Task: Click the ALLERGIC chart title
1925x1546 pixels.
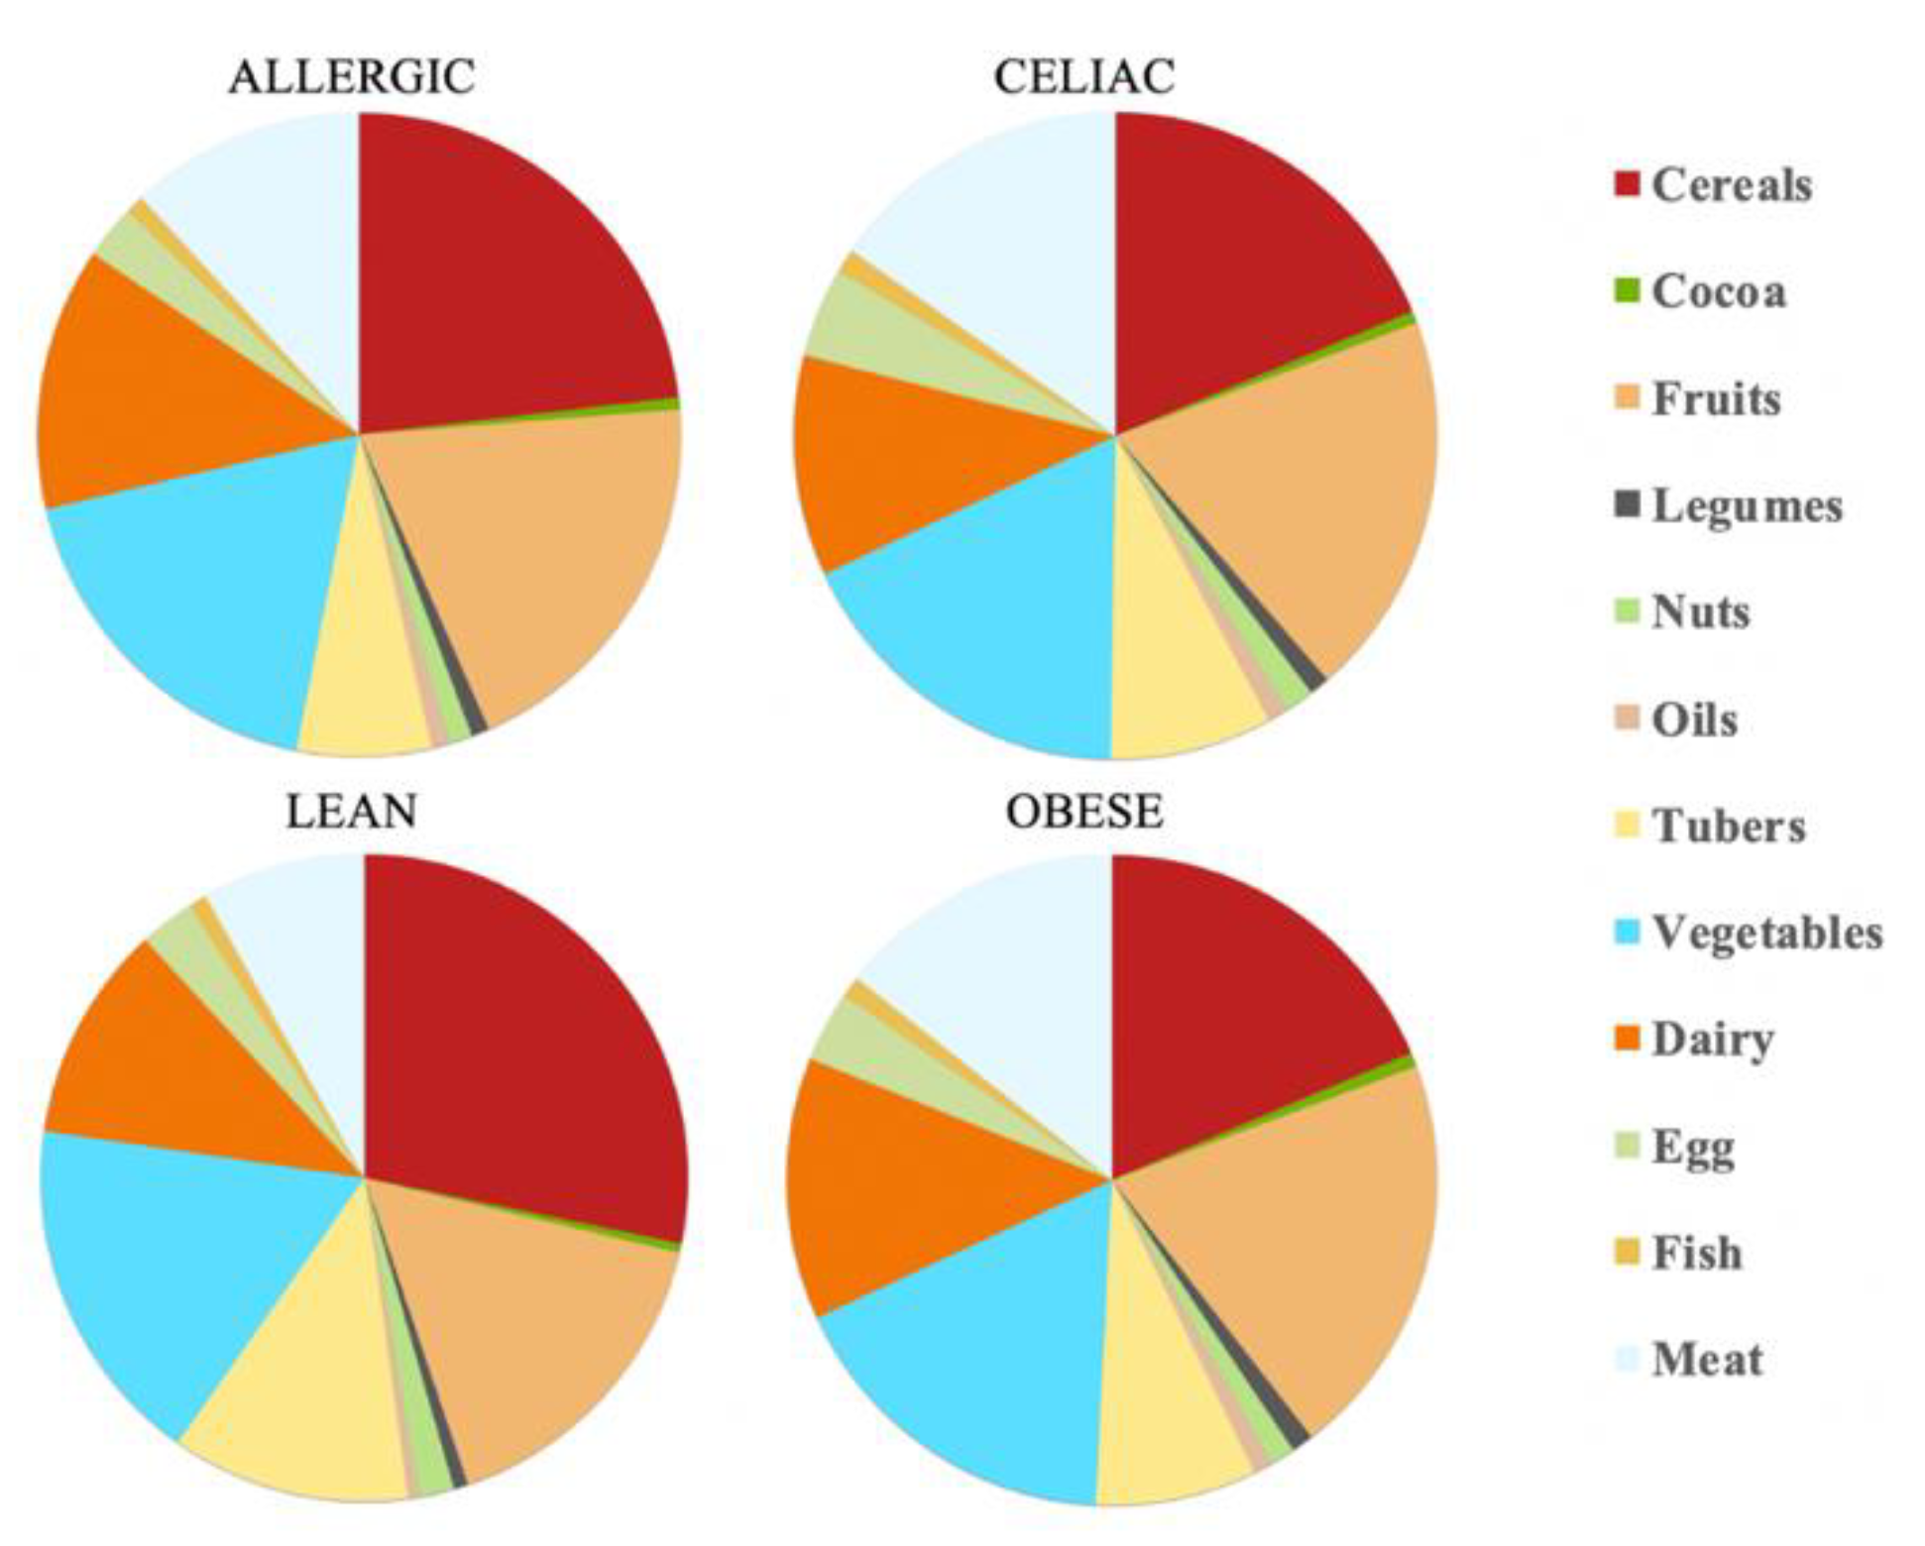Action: click(352, 77)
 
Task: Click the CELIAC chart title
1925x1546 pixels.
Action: click(1084, 77)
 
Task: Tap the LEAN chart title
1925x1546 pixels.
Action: click(352, 812)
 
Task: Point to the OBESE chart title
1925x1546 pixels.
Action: click(1084, 812)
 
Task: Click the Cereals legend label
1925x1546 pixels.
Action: click(1732, 185)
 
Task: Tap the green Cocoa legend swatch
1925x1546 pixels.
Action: click(1627, 291)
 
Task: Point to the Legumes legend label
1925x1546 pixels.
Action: click(1747, 506)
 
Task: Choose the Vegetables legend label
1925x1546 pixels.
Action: click(1766, 934)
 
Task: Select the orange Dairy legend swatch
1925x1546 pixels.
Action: click(1627, 1040)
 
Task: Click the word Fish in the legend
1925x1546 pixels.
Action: click(1696, 1254)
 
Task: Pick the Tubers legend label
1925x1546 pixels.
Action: click(1728, 827)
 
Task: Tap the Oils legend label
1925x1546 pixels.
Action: click(1694, 720)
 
